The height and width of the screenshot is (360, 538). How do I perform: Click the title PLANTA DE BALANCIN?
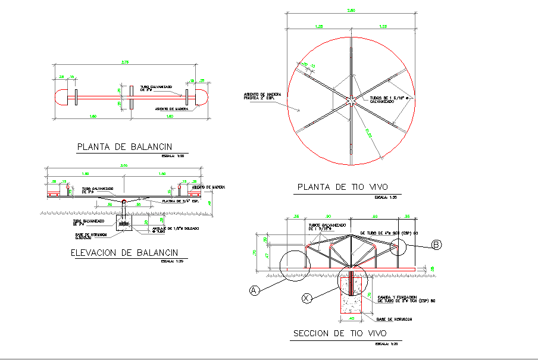[x=124, y=147]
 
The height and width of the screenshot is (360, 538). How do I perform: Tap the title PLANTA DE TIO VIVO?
[x=346, y=187]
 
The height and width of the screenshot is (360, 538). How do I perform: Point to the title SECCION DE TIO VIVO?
[x=340, y=333]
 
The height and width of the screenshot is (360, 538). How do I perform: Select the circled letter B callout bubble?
[x=436, y=243]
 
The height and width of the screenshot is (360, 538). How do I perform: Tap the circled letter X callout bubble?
[x=307, y=297]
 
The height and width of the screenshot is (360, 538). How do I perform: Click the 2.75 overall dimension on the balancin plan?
[x=124, y=62]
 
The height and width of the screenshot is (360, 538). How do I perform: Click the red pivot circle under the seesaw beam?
[x=124, y=201]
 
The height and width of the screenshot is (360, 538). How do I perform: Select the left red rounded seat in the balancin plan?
[x=61, y=96]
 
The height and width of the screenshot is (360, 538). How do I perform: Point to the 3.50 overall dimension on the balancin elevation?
[x=124, y=165]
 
